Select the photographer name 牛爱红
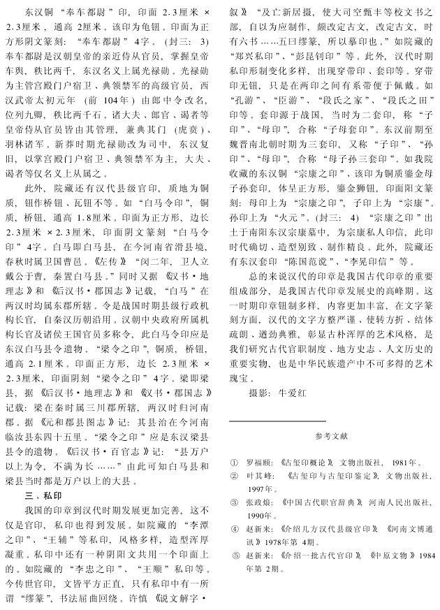(x=295, y=393)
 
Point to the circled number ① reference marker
(x=235, y=463)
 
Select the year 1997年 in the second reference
(x=263, y=488)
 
